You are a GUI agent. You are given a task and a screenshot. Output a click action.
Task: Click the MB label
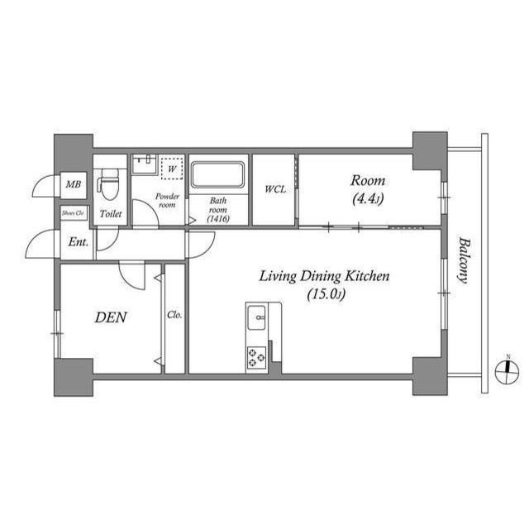(73, 186)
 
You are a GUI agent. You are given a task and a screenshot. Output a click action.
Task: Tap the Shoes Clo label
(73, 212)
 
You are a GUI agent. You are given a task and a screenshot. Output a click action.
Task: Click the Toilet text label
(111, 214)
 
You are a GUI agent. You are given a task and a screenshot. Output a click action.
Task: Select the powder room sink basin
(144, 163)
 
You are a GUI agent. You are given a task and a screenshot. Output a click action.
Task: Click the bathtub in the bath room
(218, 175)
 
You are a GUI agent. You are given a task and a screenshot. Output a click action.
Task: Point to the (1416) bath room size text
(218, 218)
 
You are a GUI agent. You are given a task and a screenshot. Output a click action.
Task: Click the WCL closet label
(274, 189)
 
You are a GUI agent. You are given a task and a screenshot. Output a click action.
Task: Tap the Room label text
(368, 180)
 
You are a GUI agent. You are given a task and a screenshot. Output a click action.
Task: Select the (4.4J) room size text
(368, 198)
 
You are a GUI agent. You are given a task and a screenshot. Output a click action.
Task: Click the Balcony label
(464, 260)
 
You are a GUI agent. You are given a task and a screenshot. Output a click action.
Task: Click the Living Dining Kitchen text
(324, 276)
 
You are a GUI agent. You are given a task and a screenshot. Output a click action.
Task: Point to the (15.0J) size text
(324, 294)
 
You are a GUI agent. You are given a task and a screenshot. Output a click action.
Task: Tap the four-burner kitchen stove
(255, 357)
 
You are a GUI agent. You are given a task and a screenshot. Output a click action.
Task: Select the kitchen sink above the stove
(255, 315)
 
